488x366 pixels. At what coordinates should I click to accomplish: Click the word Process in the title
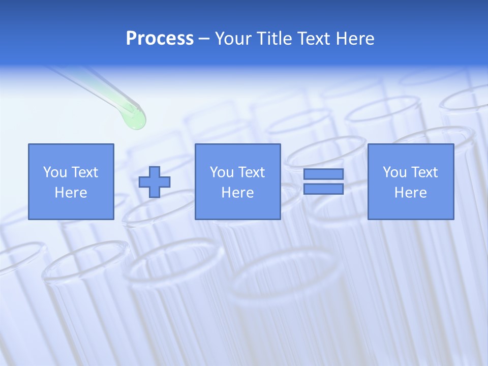coord(160,39)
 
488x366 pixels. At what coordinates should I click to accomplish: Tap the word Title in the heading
coord(273,39)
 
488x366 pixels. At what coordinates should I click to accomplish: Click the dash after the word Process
coord(204,39)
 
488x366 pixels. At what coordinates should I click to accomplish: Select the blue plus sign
coord(155,182)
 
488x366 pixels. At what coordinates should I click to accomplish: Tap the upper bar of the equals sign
coord(323,174)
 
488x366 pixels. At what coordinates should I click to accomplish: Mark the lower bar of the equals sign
coord(323,189)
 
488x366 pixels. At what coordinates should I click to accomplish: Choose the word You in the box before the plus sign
coord(55,172)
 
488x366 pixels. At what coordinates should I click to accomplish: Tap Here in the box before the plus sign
coord(71,193)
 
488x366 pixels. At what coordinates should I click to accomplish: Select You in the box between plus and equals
coord(222,172)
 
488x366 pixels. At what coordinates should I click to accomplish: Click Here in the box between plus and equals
coord(237,193)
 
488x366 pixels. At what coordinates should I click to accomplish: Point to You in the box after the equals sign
coord(394,172)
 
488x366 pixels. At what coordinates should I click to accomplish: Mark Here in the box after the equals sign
coord(410,193)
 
